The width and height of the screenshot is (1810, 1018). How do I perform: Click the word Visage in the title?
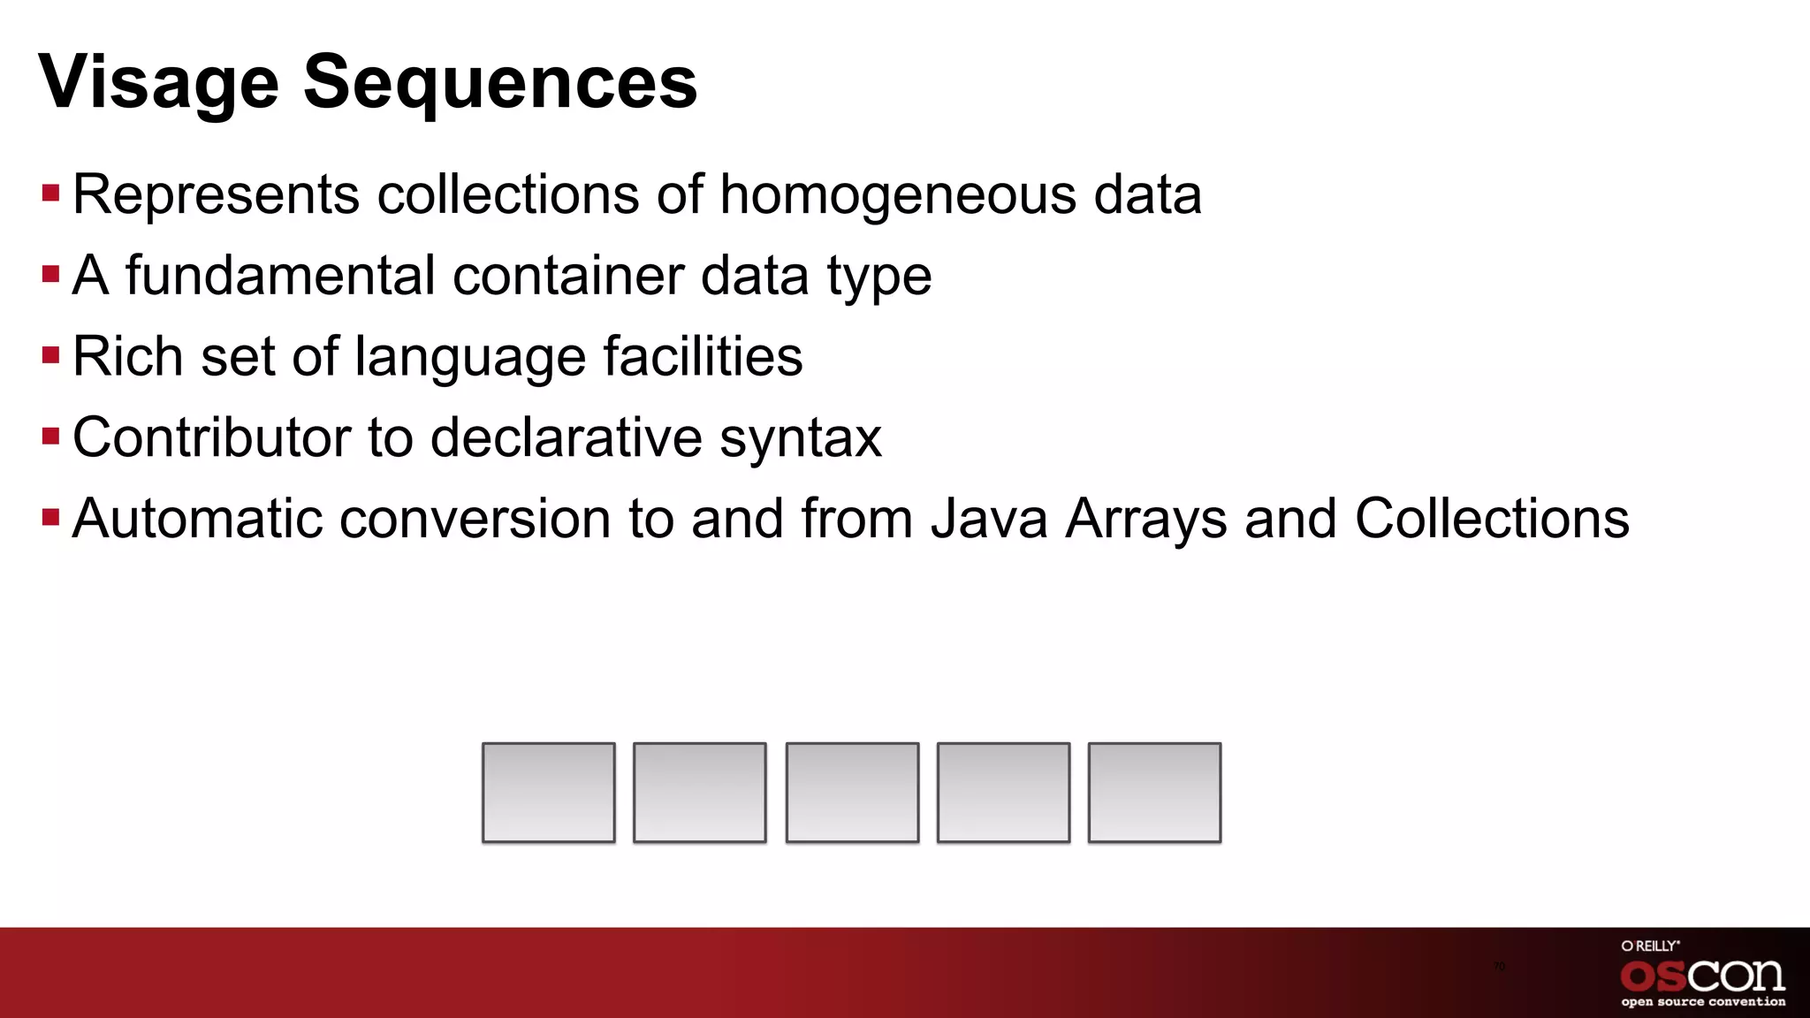[159, 83]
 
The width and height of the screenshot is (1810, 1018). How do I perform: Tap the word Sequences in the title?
[500, 83]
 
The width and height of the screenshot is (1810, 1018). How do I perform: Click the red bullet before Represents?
[50, 193]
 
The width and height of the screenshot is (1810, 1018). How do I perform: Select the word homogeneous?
[898, 194]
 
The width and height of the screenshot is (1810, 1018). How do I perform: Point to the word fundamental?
[280, 275]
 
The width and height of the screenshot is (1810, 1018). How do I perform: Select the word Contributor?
[212, 437]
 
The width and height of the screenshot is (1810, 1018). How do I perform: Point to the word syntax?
[800, 438]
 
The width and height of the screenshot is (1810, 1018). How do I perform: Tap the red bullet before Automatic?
[50, 517]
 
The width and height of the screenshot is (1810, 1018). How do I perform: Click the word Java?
[989, 518]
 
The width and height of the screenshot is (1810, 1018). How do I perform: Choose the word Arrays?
[1146, 520]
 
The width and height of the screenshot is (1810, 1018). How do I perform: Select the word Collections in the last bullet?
[1492, 518]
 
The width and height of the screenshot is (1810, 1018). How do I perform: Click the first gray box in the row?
[548, 793]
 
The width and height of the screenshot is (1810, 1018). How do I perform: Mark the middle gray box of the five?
[852, 793]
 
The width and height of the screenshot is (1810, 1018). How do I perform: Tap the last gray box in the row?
[1154, 793]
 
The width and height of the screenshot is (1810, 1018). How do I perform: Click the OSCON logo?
[1702, 976]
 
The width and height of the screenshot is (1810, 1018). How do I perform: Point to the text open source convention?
[1703, 1002]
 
